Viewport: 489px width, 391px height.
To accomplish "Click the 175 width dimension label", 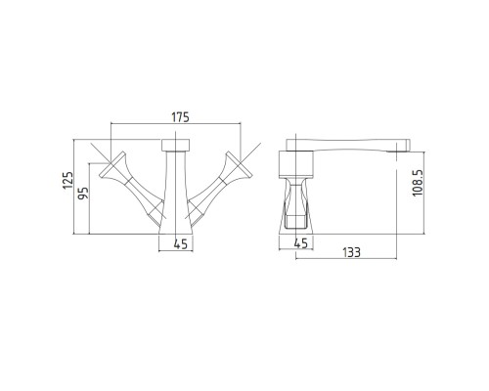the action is tap(180, 117).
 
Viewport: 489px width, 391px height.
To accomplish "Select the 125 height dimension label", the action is tap(68, 180).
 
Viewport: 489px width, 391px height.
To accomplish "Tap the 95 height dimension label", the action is tap(83, 194).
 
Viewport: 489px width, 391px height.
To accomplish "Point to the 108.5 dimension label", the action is tap(418, 183).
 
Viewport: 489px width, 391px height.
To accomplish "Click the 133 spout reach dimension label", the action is tap(351, 252).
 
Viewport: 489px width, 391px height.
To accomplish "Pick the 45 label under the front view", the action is tap(181, 244).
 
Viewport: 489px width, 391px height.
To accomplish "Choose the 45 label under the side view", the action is tap(301, 243).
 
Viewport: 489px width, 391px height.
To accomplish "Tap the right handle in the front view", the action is tap(220, 186).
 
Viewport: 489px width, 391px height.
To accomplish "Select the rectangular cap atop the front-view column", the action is tap(176, 145).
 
